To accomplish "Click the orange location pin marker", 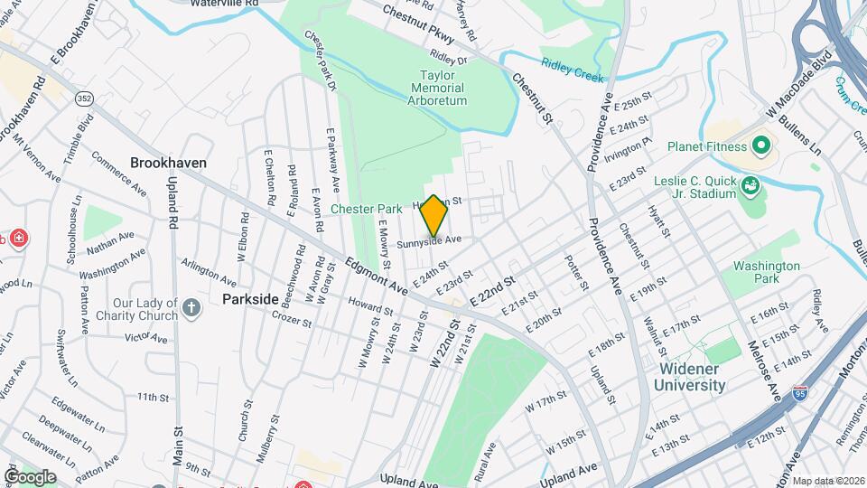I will coord(433,215).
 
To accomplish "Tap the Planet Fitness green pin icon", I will coord(760,145).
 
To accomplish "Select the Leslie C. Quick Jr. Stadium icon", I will coord(748,187).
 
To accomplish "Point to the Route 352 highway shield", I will coord(85,99).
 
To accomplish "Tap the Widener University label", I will coord(692,377).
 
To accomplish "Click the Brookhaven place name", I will coord(168,164).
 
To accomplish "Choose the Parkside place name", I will coord(251,297).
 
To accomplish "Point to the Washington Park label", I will coord(766,273).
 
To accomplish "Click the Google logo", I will coord(30,476).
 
